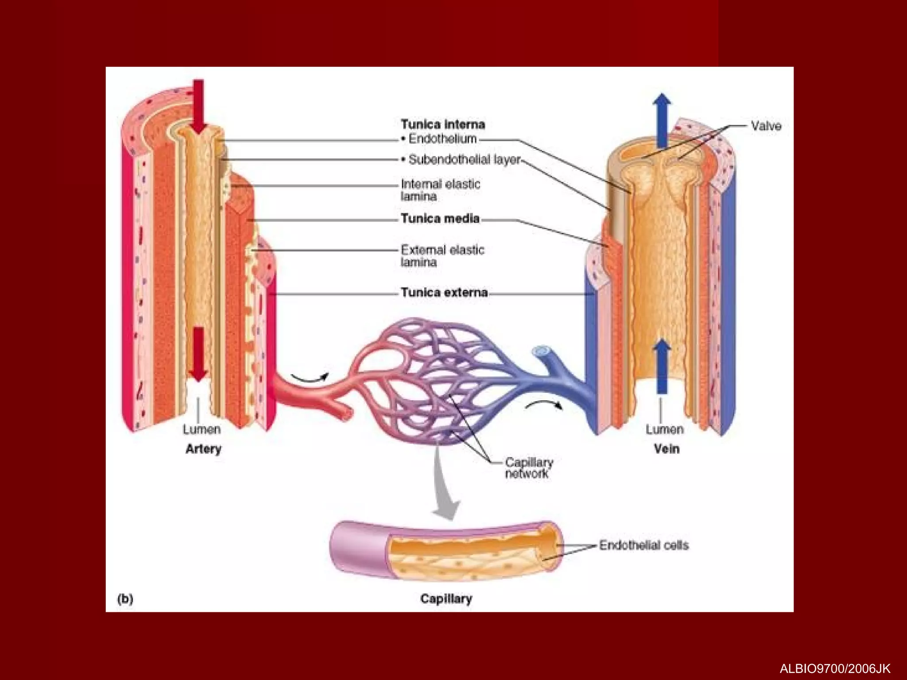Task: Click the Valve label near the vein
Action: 766,126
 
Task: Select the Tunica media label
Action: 440,219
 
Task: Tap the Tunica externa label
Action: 444,293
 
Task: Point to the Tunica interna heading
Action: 443,124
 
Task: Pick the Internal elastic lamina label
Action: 440,190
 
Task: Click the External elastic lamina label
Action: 442,256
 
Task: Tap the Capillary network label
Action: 529,468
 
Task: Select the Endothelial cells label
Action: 644,545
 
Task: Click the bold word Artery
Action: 203,449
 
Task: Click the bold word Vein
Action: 667,449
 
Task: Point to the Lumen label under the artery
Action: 202,429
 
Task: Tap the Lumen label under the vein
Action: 664,429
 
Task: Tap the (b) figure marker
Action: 125,599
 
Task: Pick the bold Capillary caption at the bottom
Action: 446,599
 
